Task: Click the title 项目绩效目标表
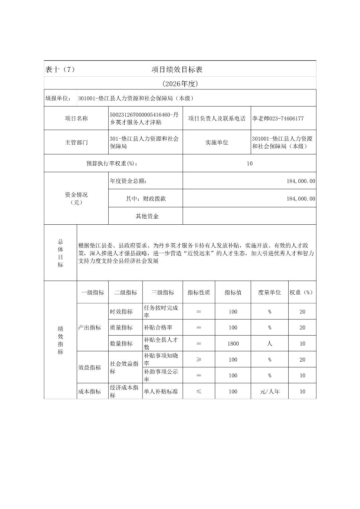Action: (177, 70)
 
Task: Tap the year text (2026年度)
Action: (180, 84)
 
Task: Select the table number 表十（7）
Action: (60, 70)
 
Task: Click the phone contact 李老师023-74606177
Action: (278, 119)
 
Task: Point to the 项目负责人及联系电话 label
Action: (217, 119)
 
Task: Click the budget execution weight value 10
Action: (249, 163)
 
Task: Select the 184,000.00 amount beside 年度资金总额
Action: (301, 181)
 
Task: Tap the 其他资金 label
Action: (147, 216)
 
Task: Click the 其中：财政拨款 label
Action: (146, 199)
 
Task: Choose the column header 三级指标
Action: (163, 292)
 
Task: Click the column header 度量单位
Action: (269, 292)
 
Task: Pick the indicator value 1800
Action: (233, 344)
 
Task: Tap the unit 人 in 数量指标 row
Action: (269, 344)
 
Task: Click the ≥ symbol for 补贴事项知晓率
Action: (199, 360)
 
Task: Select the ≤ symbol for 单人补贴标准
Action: (199, 391)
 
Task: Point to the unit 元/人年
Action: (269, 391)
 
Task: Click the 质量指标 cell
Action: (121, 328)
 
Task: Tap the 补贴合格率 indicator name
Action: (159, 328)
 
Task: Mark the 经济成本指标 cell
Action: (124, 391)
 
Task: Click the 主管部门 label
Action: (76, 142)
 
